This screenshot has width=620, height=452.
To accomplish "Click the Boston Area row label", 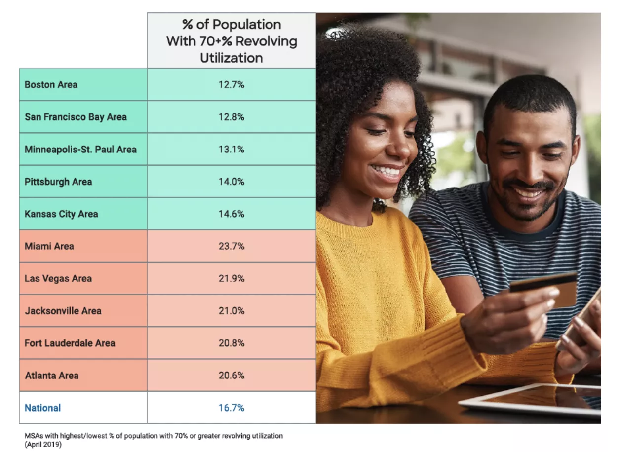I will (51, 85).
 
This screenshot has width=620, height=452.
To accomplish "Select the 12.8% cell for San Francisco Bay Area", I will (231, 117).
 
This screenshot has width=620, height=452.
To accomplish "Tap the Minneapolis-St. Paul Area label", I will (80, 149).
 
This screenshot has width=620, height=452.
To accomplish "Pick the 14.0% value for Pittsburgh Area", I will (231, 182).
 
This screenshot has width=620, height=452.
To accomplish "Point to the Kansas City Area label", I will (61, 214).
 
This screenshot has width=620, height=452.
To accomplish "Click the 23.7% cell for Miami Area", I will (231, 246).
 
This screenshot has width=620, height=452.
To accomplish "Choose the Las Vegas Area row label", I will (58, 278).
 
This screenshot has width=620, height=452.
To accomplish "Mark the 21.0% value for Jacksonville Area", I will (231, 311).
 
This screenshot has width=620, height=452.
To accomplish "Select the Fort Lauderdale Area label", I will (70, 343).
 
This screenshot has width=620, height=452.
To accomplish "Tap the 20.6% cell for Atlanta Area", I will (231, 376).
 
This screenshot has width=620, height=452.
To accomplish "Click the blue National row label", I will (43, 408).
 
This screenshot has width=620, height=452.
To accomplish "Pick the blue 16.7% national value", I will (231, 408).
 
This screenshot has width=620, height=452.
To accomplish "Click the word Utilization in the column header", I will (231, 58).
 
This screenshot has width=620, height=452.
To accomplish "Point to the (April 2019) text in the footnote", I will (43, 444).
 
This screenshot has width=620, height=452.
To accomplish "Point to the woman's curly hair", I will (365, 64).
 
